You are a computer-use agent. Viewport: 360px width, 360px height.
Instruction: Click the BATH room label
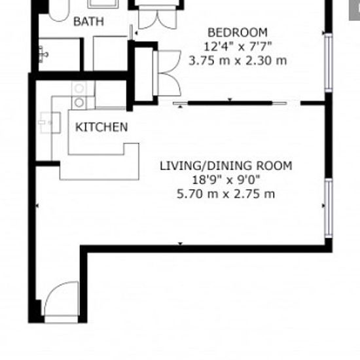click(x=88, y=22)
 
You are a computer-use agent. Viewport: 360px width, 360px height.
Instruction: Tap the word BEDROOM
click(x=238, y=32)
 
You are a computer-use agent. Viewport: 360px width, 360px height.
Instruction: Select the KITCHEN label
click(x=101, y=127)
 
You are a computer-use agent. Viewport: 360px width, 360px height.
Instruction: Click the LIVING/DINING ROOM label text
click(x=226, y=166)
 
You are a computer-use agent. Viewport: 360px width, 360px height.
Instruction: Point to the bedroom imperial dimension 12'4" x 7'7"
click(x=238, y=46)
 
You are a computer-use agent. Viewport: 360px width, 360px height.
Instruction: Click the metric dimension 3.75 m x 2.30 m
click(x=238, y=61)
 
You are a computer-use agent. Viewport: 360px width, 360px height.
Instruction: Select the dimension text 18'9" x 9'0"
click(x=226, y=180)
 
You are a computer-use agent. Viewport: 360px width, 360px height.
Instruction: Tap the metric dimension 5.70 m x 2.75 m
click(x=226, y=194)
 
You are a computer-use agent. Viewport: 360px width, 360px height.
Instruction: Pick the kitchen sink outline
click(x=50, y=122)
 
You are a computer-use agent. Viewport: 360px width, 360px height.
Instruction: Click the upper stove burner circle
click(x=79, y=88)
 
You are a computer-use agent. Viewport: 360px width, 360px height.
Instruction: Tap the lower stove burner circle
click(x=79, y=103)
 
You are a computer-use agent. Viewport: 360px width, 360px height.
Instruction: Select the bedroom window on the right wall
click(x=329, y=62)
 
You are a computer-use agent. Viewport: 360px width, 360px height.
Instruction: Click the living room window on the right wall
click(x=329, y=208)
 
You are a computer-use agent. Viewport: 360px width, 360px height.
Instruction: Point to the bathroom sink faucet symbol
click(x=43, y=54)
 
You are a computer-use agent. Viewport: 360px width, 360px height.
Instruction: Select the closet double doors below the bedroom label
click(x=167, y=73)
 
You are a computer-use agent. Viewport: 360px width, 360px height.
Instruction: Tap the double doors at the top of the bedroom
click(x=158, y=18)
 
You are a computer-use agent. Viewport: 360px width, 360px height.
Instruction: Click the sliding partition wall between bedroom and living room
click(x=230, y=103)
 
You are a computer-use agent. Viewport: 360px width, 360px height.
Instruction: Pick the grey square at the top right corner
click(x=355, y=10)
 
